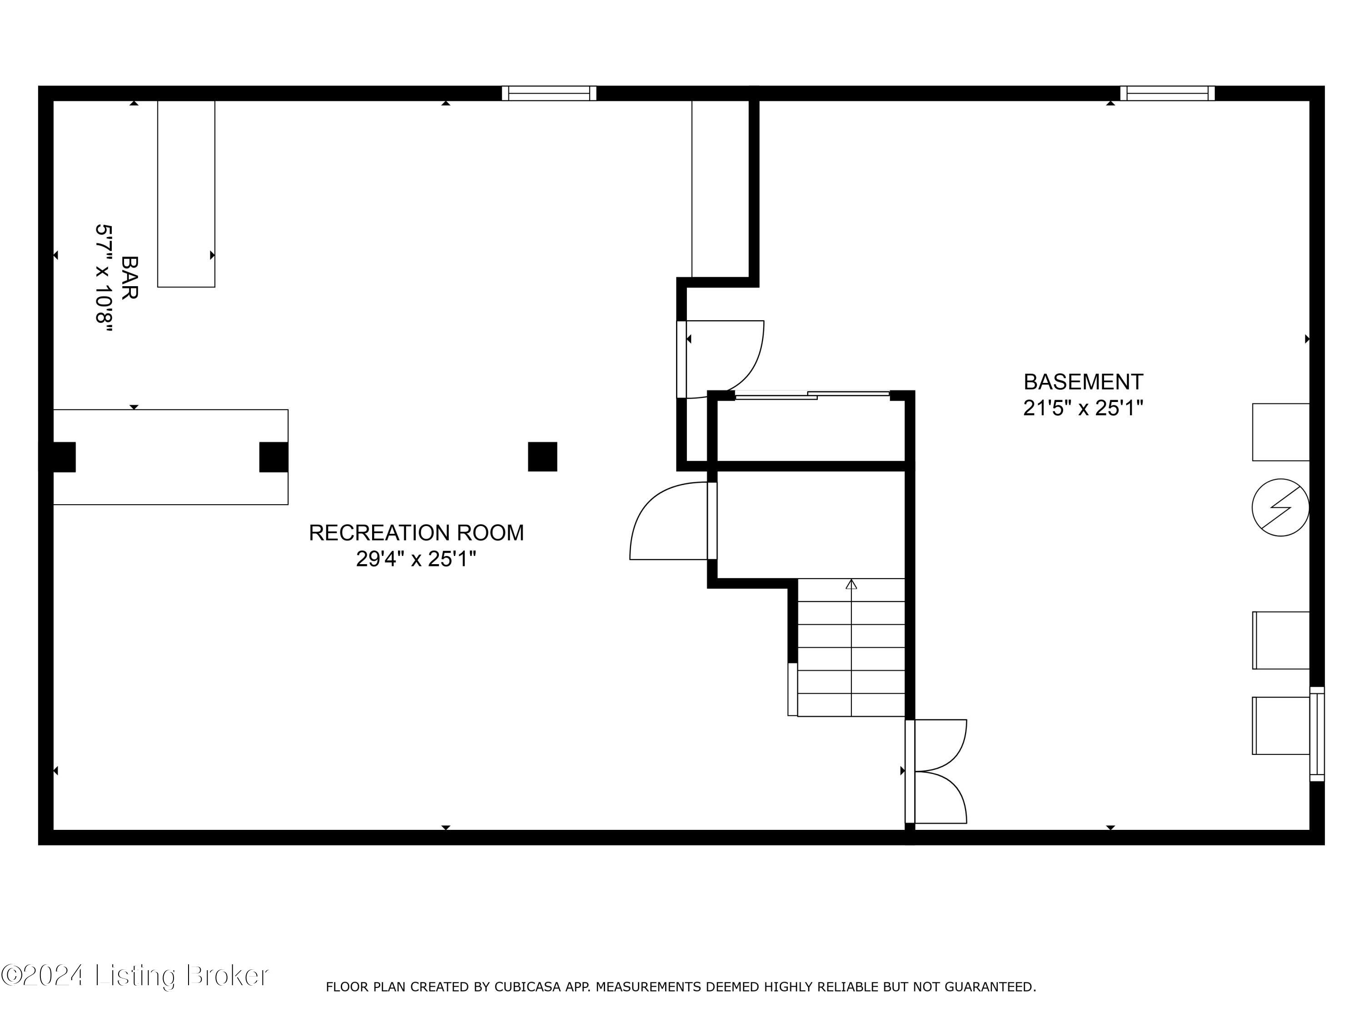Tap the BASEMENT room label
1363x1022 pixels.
(1083, 382)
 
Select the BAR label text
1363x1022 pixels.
(129, 278)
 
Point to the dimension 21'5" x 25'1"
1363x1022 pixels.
(1083, 408)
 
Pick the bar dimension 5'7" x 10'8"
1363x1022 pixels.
(104, 278)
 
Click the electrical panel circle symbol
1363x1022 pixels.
(1280, 508)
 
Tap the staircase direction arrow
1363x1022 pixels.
(851, 584)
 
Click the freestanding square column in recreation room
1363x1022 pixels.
(542, 456)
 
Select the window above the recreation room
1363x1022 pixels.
(548, 94)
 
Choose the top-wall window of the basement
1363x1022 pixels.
(1167, 94)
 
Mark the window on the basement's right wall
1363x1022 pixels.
(1317, 734)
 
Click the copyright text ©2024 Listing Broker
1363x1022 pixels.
(134, 975)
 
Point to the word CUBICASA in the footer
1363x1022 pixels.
(527, 987)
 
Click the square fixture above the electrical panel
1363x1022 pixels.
(1280, 432)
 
